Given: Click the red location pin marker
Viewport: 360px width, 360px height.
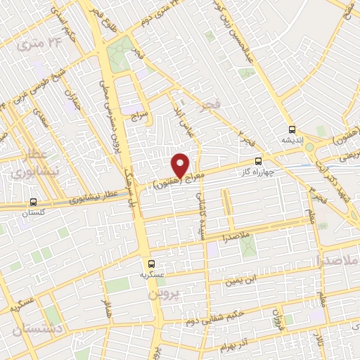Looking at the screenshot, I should click(181, 165).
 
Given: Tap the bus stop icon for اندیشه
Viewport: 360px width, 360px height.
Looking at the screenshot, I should click(292, 129).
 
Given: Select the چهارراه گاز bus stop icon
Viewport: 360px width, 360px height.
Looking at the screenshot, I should click(259, 161).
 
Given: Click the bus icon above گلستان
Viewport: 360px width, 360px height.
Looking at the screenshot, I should click(34, 202).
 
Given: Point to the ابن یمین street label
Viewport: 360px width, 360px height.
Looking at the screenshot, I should click(239, 281).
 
